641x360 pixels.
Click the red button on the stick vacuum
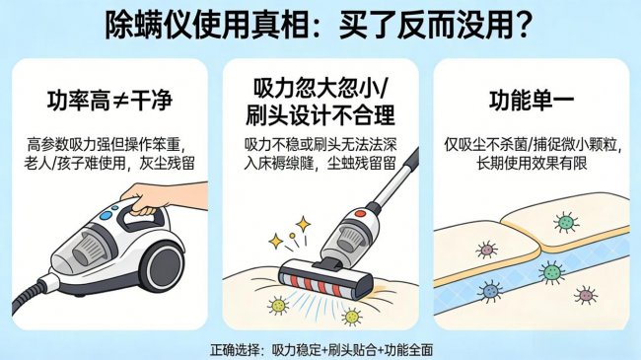361,211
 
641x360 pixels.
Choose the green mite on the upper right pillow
565,223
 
